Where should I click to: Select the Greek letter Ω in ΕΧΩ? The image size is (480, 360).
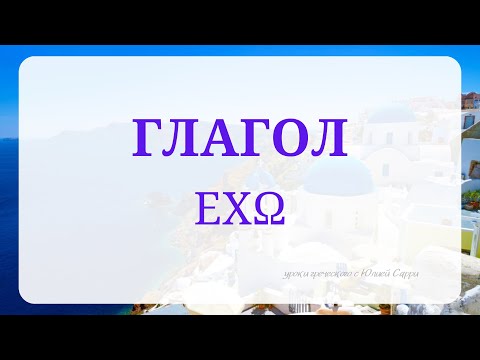[x=268, y=210]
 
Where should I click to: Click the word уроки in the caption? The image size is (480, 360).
[x=296, y=274]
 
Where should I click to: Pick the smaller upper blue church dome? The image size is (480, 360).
[x=392, y=112]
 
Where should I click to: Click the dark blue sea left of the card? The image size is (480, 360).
[x=9, y=200]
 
